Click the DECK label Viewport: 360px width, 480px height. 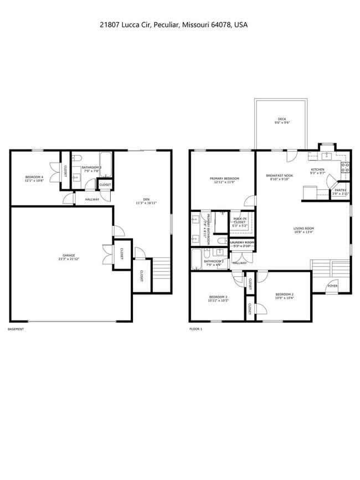281,119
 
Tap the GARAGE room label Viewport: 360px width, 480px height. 69,256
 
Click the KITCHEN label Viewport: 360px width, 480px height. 317,169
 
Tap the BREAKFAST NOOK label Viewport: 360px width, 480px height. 280,176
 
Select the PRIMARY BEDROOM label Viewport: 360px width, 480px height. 224,178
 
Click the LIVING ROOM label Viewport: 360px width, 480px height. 304,229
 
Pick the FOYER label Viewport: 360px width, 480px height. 332,286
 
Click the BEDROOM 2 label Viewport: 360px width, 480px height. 285,294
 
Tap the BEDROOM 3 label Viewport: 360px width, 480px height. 218,297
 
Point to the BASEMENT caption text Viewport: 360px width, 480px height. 16,329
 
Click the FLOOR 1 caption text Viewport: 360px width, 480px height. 196,329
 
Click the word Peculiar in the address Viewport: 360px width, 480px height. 165,25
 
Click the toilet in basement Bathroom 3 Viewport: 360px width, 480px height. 78,157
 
